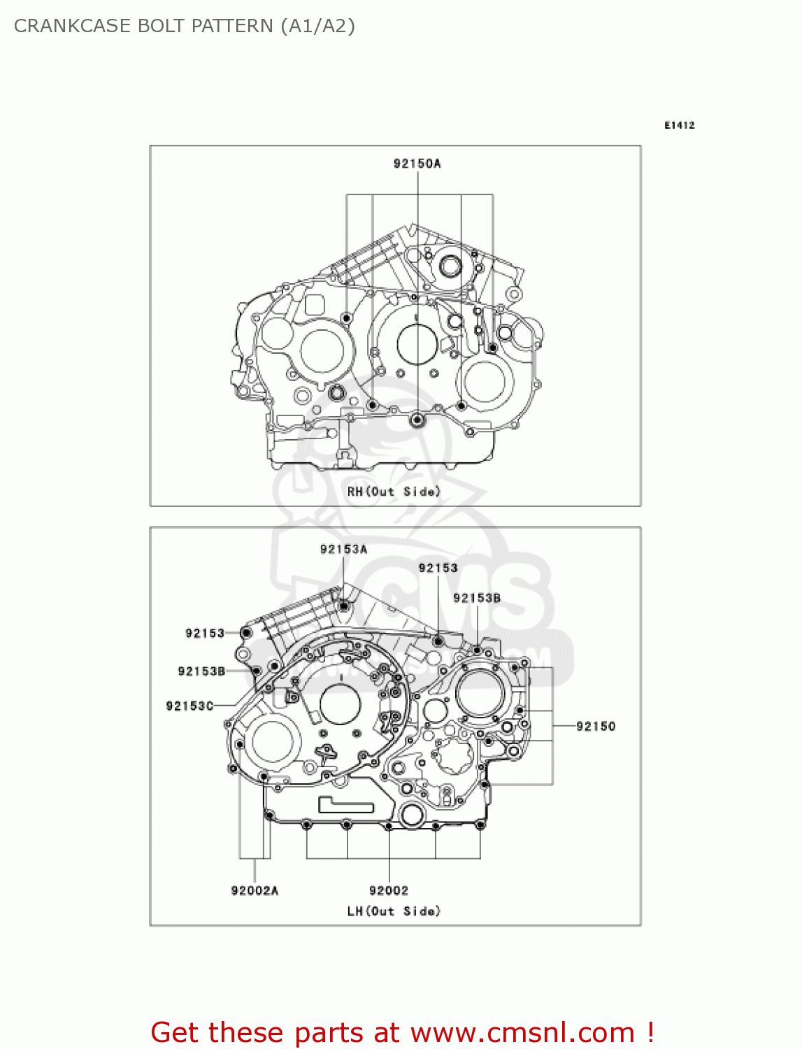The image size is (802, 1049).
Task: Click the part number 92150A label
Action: tap(417, 164)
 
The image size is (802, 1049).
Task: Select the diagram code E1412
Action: tap(679, 125)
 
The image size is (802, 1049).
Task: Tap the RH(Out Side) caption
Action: tap(394, 492)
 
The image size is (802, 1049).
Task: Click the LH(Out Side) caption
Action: tap(394, 911)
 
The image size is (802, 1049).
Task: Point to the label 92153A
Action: tap(343, 549)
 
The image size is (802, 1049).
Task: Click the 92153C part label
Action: tap(189, 706)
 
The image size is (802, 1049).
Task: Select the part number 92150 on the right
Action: tap(596, 726)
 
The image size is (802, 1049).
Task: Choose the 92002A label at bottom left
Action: tap(255, 890)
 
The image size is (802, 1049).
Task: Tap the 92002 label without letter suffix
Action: tap(389, 890)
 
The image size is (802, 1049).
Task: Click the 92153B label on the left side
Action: tap(201, 671)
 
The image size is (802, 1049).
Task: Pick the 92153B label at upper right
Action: tap(477, 598)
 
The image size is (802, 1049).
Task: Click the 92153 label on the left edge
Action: tap(205, 633)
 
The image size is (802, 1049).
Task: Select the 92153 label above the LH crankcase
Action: tap(438, 568)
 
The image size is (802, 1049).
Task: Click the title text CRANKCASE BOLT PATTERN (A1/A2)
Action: tap(185, 26)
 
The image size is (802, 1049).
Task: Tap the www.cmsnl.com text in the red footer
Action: tap(522, 1033)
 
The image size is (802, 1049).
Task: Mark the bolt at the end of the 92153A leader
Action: tap(344, 606)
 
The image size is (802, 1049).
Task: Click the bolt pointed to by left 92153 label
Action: tap(246, 633)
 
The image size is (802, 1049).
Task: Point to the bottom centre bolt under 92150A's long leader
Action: tap(417, 420)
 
